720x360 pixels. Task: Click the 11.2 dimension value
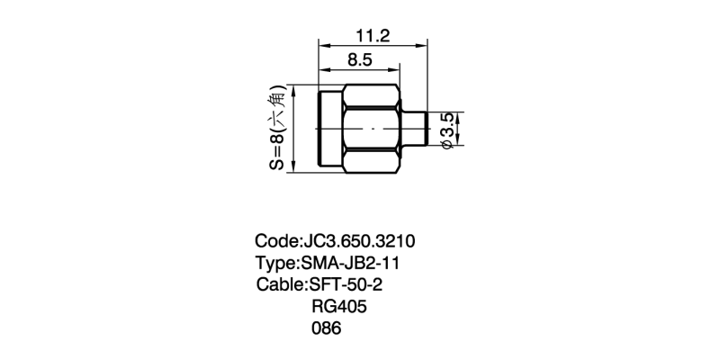click(373, 35)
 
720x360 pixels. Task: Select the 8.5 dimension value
click(359, 60)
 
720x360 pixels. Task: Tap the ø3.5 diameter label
click(447, 130)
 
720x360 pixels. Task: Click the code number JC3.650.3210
click(357, 241)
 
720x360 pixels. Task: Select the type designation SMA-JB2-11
click(350, 263)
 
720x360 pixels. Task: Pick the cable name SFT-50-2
click(346, 284)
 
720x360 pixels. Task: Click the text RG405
click(339, 306)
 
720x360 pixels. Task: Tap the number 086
click(327, 328)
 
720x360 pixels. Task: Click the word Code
click(277, 241)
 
